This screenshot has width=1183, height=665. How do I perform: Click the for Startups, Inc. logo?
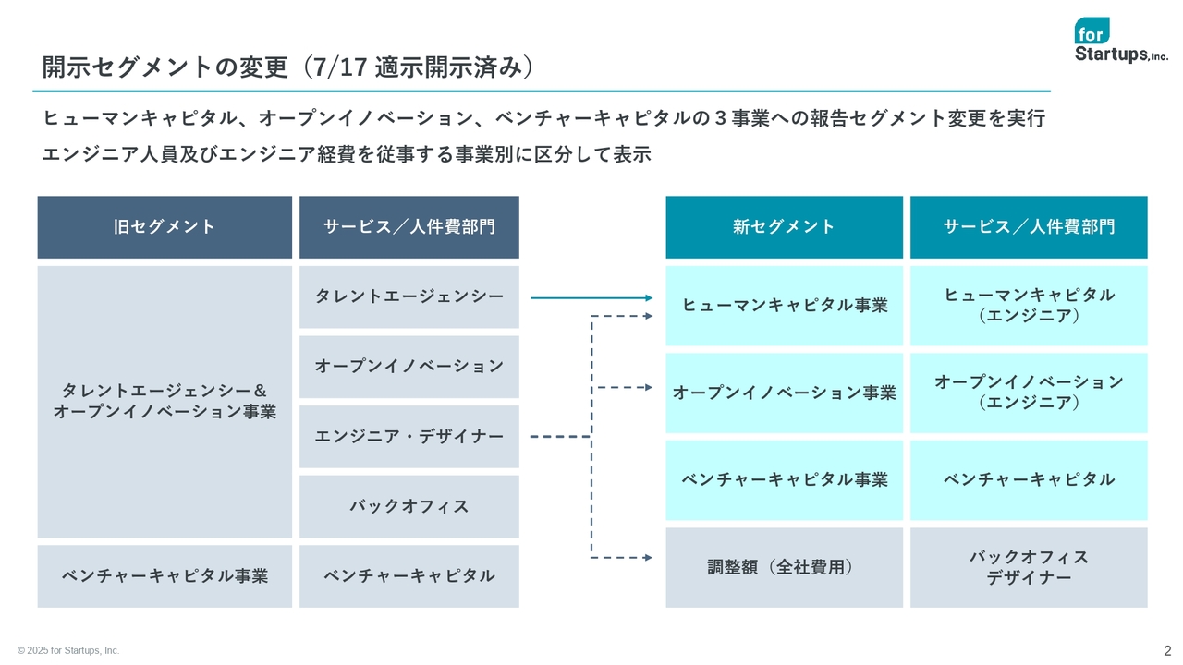click(1121, 40)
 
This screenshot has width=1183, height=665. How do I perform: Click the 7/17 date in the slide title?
click(339, 67)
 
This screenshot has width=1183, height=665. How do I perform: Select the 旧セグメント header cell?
click(165, 227)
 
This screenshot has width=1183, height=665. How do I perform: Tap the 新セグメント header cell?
click(785, 227)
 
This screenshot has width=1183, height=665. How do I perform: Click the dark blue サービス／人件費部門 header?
click(409, 227)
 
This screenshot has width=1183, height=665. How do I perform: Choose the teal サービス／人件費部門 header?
click(1029, 227)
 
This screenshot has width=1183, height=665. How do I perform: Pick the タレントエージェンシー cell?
click(409, 296)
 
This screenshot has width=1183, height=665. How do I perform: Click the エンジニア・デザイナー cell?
click(409, 437)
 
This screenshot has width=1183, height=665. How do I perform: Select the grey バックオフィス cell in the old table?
click(409, 506)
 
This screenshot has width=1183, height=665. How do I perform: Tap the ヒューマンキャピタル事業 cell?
click(785, 306)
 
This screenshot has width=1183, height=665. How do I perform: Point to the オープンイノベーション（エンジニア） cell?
click(1029, 393)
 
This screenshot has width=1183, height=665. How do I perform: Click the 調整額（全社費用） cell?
click(785, 567)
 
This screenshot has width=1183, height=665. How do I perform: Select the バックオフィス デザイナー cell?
click(1029, 567)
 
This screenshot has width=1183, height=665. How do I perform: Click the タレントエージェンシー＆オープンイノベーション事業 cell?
click(165, 401)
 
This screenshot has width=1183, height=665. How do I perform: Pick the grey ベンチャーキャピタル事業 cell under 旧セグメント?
click(165, 575)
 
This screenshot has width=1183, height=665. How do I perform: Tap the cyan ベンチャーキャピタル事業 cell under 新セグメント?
click(785, 479)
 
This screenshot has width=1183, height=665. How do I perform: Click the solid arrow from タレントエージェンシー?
click(591, 298)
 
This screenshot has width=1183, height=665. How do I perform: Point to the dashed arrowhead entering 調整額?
click(649, 557)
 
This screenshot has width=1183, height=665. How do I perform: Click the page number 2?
click(1167, 650)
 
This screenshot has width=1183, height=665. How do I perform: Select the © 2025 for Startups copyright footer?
click(68, 651)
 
